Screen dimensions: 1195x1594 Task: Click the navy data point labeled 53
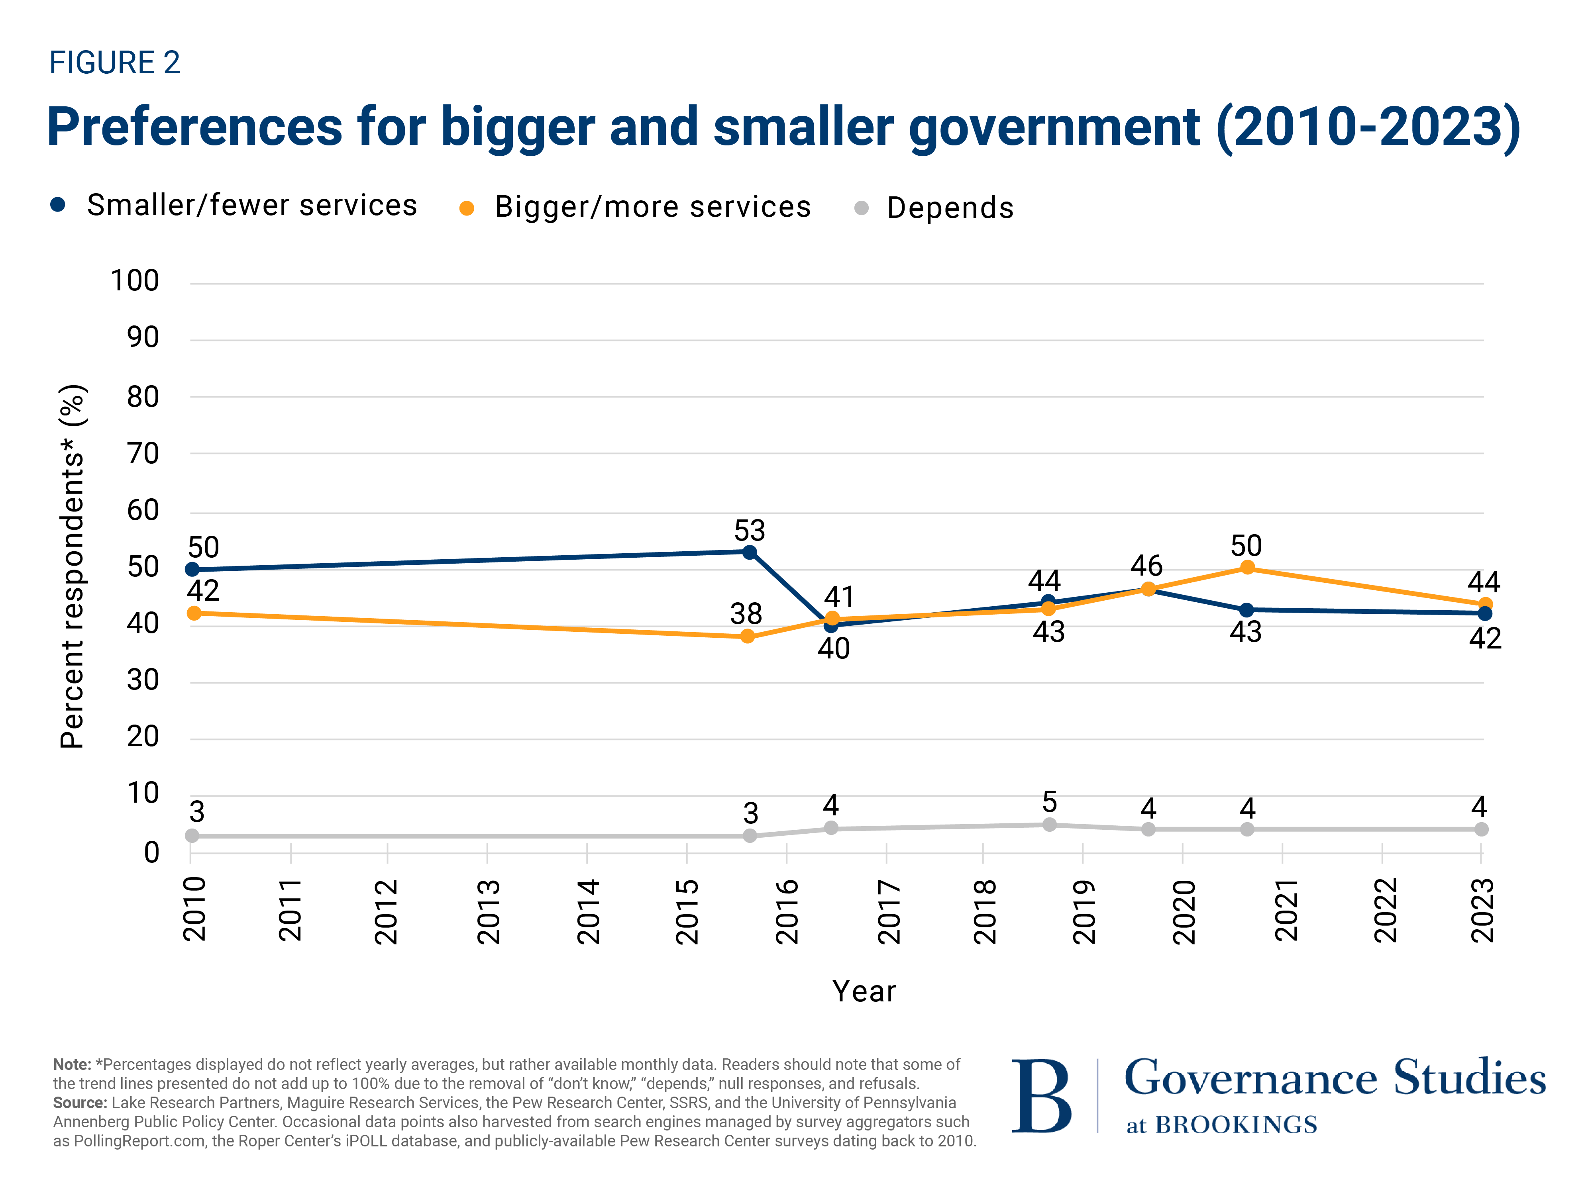pyautogui.click(x=750, y=552)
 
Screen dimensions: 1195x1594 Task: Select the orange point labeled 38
pyautogui.click(x=747, y=636)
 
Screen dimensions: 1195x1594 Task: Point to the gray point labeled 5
pyautogui.click(x=1049, y=825)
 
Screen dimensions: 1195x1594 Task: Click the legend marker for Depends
pyautogui.click(x=861, y=208)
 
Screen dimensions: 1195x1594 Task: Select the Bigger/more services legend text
pyautogui.click(x=652, y=208)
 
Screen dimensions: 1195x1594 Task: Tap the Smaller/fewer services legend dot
pyautogui.click(x=58, y=205)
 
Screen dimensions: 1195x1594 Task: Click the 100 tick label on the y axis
pyautogui.click(x=135, y=281)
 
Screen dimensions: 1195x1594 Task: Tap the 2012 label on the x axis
pyautogui.click(x=386, y=911)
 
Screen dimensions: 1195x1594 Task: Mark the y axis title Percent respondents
pyautogui.click(x=72, y=567)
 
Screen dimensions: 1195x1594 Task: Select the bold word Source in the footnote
pyautogui.click(x=79, y=1103)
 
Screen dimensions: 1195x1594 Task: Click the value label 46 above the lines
pyautogui.click(x=1146, y=566)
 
